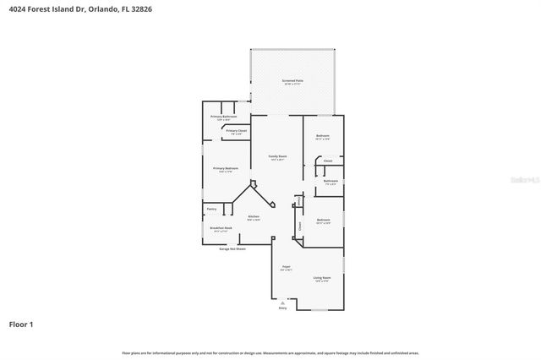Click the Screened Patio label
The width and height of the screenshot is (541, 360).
[292, 81]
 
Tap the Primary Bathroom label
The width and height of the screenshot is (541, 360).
[224, 117]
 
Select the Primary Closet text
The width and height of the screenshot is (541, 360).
[236, 131]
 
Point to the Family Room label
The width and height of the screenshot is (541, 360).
[277, 156]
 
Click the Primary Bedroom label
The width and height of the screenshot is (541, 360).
[226, 168]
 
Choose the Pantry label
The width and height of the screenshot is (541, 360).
[211, 209]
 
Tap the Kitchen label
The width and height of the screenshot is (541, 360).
[253, 217]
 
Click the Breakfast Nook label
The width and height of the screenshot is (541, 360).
[220, 228]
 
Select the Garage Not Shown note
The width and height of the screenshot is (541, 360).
[232, 249]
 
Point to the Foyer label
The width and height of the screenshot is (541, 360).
[287, 267]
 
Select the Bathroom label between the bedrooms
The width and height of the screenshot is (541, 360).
[331, 181]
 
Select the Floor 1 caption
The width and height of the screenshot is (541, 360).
[21, 324]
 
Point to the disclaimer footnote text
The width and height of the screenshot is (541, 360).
[270, 352]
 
